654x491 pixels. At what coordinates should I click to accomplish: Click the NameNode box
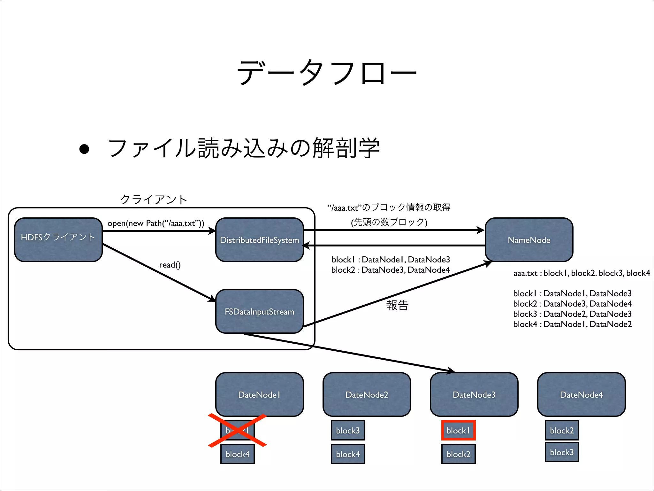click(529, 240)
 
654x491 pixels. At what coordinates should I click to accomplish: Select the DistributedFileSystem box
click(259, 240)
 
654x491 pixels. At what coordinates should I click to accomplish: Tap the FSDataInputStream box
click(259, 311)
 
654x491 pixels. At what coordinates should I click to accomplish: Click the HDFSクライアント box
click(58, 240)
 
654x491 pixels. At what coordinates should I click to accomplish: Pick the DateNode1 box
click(259, 394)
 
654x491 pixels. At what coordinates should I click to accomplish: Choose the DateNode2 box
click(367, 394)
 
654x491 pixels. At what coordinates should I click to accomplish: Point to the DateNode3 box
click(474, 394)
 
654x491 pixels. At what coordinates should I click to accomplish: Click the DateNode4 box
click(581, 394)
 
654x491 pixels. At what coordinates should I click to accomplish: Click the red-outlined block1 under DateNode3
click(458, 431)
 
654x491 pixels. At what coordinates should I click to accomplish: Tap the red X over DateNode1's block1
click(237, 430)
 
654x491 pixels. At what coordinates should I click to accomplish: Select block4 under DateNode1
click(237, 454)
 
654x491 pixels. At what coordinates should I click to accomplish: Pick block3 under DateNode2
click(348, 431)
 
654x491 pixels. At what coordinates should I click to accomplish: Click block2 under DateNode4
click(562, 431)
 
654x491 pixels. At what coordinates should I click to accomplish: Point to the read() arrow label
click(170, 265)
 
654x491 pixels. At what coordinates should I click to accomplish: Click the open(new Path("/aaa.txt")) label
click(156, 223)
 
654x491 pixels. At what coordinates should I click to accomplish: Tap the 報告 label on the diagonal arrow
click(397, 305)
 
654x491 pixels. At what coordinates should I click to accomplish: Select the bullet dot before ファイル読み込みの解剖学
click(84, 149)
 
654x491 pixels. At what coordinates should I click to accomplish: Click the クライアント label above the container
click(154, 199)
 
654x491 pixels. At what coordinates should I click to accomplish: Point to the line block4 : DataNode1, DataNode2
click(572, 324)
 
